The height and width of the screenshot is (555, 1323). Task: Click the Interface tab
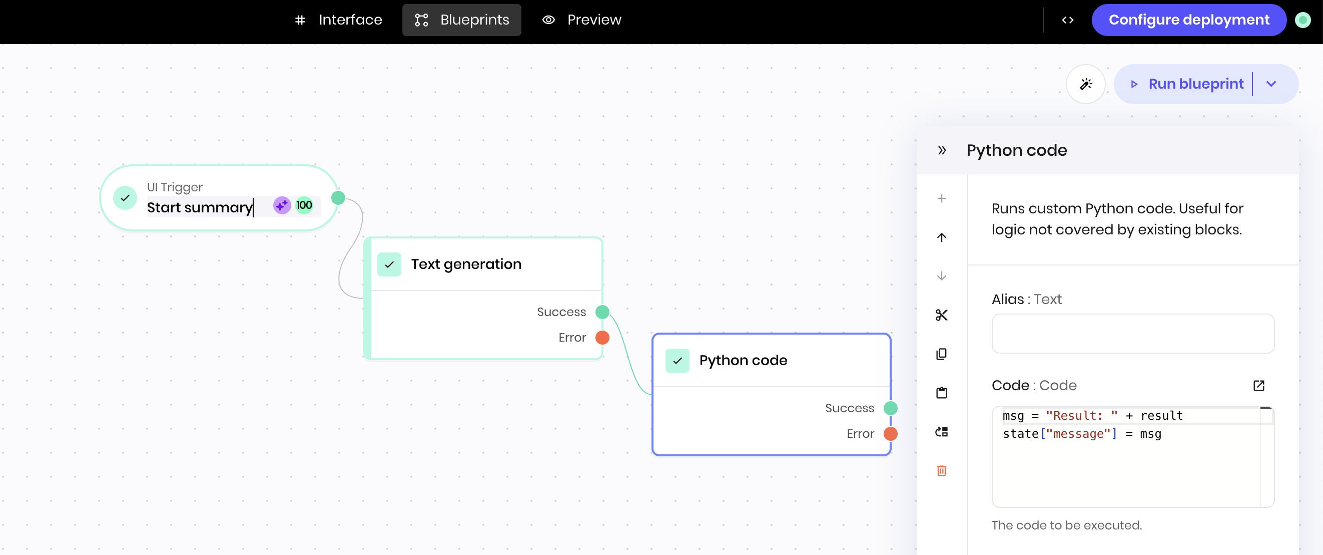tap(339, 20)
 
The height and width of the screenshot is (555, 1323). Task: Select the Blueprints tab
tap(461, 20)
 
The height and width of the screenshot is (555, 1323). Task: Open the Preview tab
tap(582, 20)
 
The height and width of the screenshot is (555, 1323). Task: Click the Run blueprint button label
tap(1195, 84)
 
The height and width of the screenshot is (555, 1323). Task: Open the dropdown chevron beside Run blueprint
tap(1271, 84)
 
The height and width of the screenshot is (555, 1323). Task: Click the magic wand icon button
tap(1085, 84)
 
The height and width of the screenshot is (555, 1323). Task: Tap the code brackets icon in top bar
tap(1068, 20)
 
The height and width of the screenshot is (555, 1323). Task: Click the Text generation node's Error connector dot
tap(602, 338)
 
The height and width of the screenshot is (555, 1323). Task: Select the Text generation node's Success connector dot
tap(602, 312)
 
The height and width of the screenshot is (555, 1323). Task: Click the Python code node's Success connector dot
tap(891, 408)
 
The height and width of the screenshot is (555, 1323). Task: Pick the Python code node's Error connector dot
tap(891, 434)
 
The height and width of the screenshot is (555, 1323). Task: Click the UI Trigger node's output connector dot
tap(338, 198)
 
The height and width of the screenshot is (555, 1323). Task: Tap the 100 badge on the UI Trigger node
tap(304, 205)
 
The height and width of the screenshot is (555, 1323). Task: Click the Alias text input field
tap(1132, 334)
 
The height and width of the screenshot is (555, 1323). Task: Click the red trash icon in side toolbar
tap(941, 471)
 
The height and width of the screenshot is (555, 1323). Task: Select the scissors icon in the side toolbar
tap(941, 315)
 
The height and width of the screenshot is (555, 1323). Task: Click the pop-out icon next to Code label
tap(1259, 385)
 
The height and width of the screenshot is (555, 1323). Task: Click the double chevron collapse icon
tap(941, 151)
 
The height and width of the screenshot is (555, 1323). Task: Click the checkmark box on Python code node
tap(678, 361)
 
